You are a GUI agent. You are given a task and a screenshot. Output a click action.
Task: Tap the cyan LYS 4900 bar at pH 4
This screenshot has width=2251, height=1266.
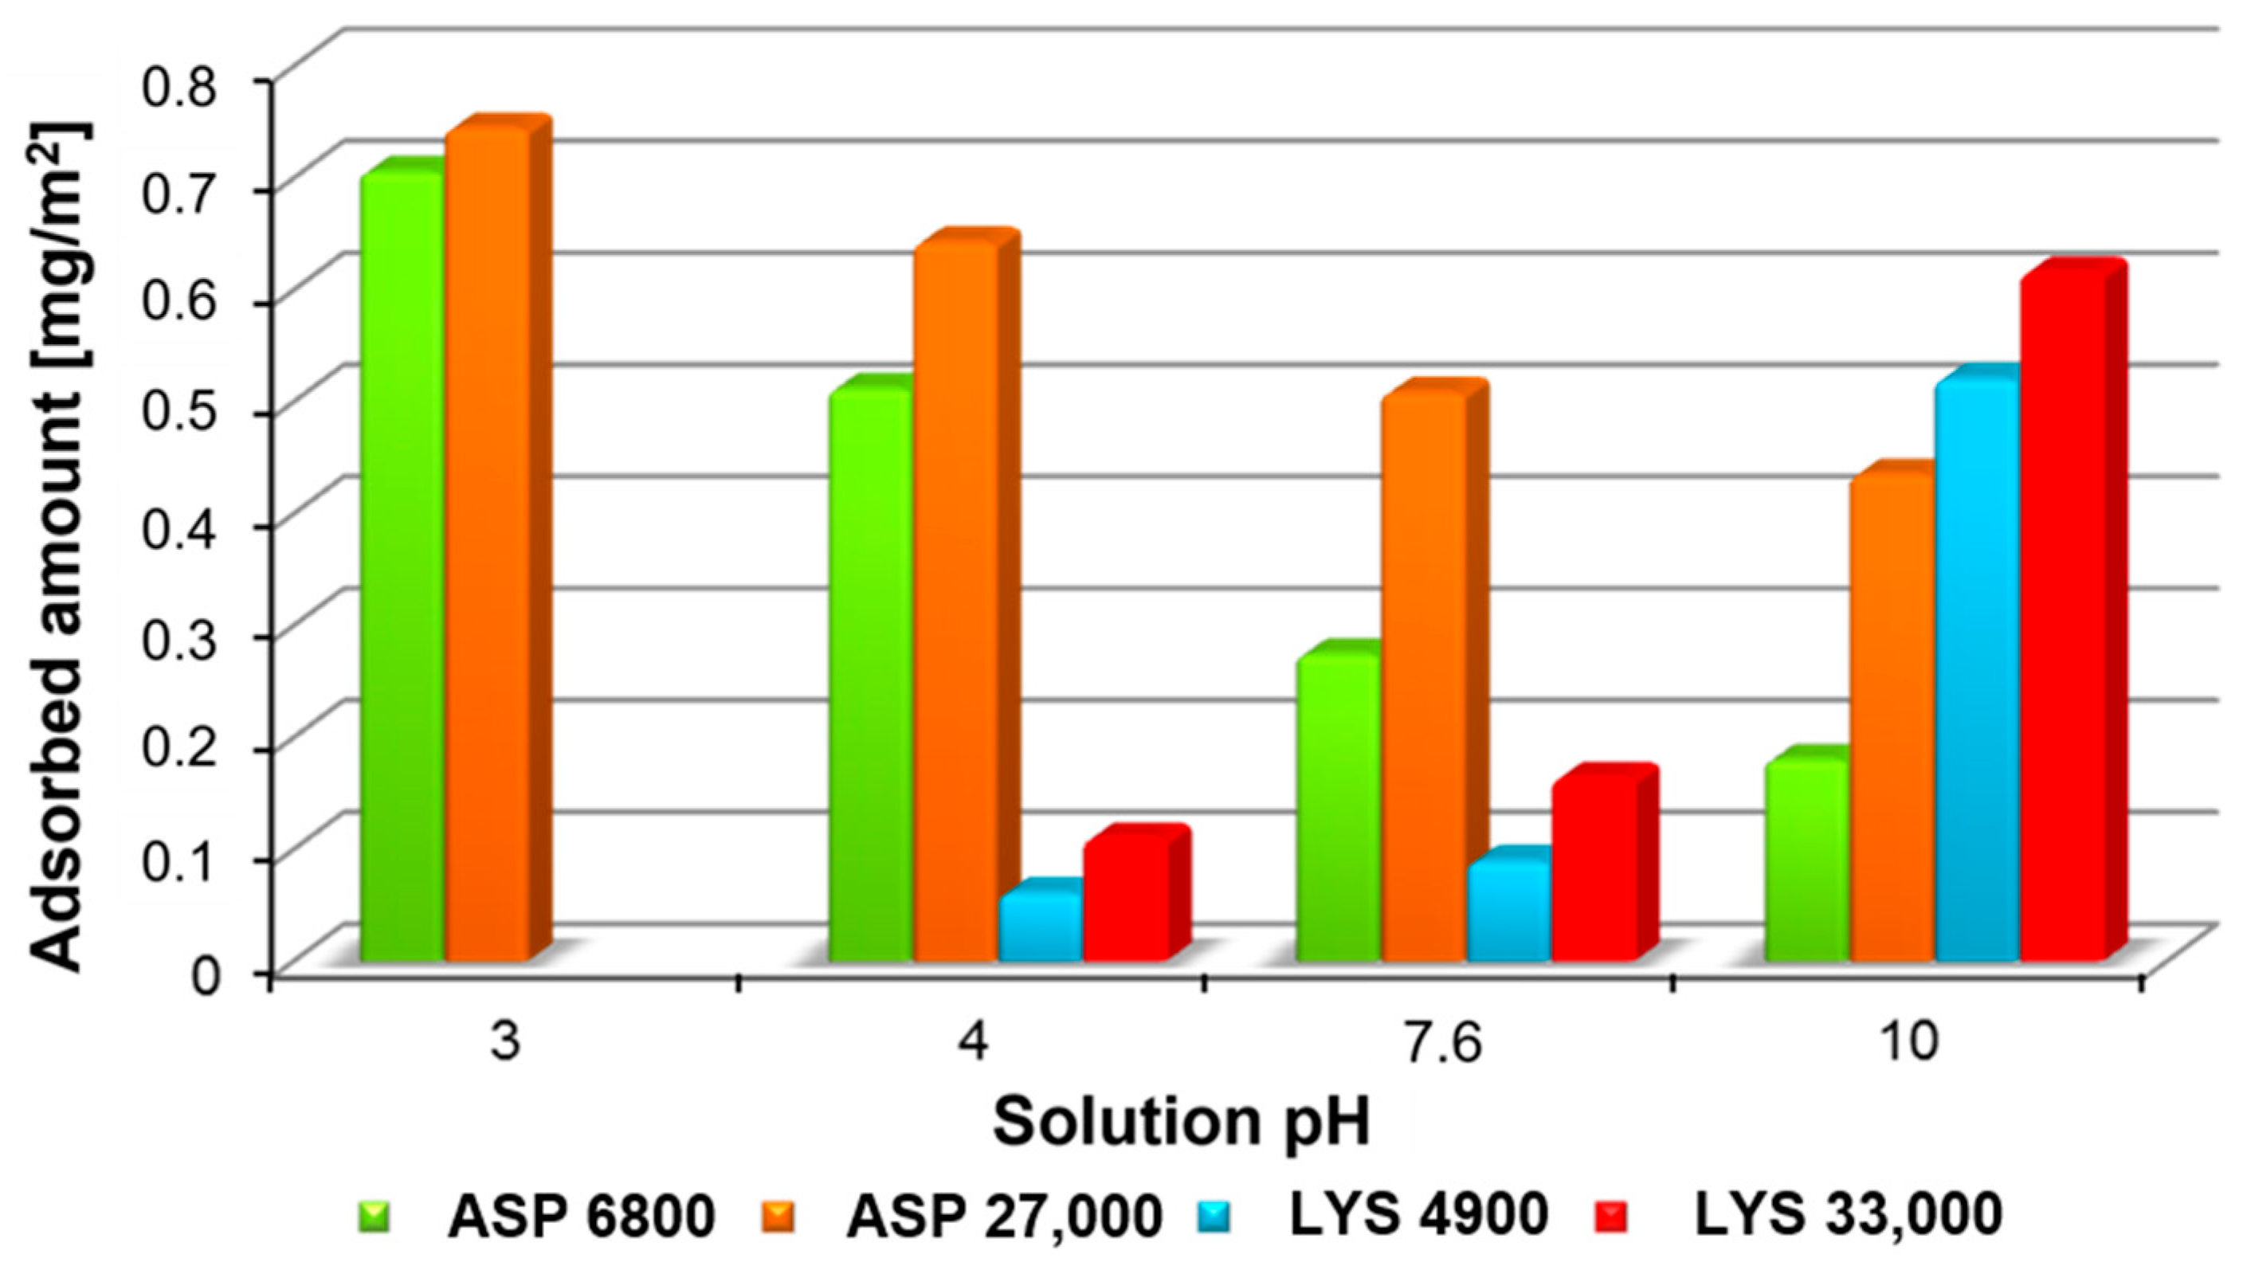[1041, 931]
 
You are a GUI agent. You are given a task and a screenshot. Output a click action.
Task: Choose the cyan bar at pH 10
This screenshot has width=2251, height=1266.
[1977, 672]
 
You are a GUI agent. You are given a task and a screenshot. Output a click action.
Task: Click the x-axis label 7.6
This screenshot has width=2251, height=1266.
[1437, 1042]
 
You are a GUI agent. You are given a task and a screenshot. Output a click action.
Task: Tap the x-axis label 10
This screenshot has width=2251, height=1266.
[1908, 1042]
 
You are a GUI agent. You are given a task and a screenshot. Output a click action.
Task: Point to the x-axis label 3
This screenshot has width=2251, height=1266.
[504, 1042]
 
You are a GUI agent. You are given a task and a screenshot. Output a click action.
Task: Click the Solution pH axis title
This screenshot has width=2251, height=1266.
[1182, 1123]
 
